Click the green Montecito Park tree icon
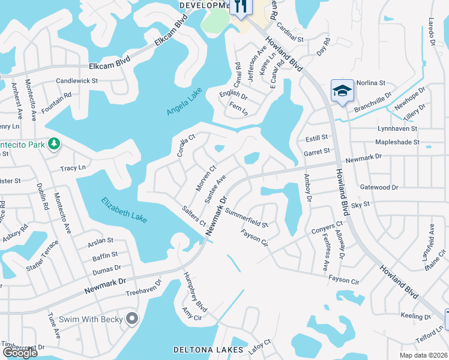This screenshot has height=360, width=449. [54, 143]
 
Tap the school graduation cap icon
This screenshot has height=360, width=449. [342, 91]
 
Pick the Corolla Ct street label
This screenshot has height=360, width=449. [184, 146]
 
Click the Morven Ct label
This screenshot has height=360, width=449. [205, 179]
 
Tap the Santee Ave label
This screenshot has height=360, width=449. [215, 189]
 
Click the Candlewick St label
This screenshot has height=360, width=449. [77, 80]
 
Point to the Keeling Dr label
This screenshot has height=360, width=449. [412, 316]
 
